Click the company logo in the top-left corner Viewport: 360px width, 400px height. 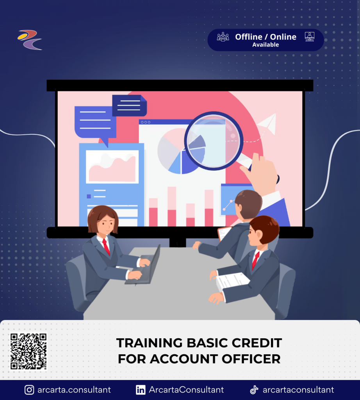pos(30,39)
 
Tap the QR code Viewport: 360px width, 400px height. pos(29,351)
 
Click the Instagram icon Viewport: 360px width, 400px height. pos(29,390)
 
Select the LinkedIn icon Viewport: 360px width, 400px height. pos(141,390)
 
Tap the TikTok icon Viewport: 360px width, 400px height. pos(254,390)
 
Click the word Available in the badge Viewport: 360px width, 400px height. pos(266,45)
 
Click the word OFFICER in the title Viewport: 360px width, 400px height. pos(251,359)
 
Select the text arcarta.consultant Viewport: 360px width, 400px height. pos(74,390)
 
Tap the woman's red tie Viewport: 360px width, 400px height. pos(106,247)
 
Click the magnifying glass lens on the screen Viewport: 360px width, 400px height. pos(214,141)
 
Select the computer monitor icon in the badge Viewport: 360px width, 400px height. pos(310,37)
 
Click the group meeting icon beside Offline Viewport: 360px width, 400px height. pos(223,37)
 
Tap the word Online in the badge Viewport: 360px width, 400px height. pos(283,37)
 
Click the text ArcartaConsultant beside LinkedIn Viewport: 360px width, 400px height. pos(186,390)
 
